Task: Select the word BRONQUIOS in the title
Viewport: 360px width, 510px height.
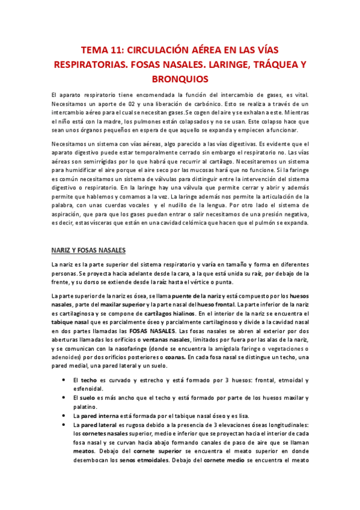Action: click(x=180, y=78)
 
